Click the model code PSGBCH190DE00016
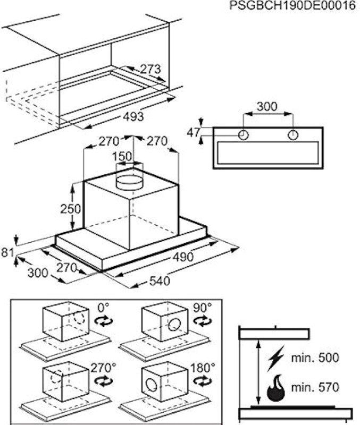pos(292,6)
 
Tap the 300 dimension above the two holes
pos(266,107)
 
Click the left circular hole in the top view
pos(243,135)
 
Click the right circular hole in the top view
pos(293,135)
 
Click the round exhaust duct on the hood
pos(130,181)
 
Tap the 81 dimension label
pos(7,252)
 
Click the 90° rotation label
pos(202,307)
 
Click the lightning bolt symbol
pos(277,358)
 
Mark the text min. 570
pos(315,387)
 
